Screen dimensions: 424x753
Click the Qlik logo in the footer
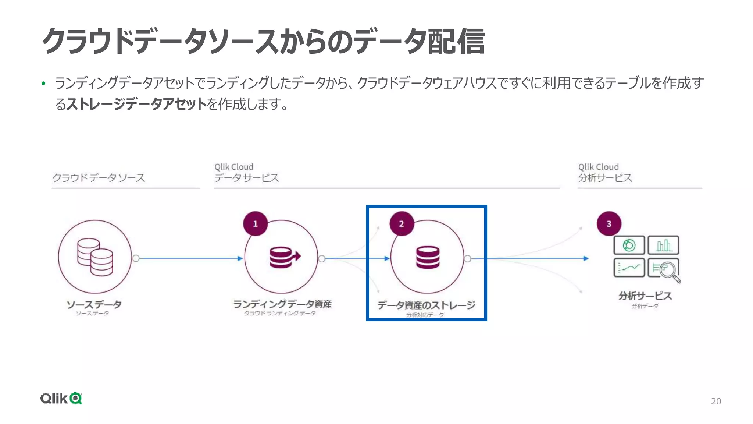point(61,398)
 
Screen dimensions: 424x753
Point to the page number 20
point(715,401)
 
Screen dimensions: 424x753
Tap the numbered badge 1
point(255,224)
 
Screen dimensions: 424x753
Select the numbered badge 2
point(402,224)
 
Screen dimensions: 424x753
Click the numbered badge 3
point(609,224)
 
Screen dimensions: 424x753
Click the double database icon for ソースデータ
point(95,257)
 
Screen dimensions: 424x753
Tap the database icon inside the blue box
point(428,257)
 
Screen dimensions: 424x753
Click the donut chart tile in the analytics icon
point(629,245)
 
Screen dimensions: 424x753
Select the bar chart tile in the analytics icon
point(663,245)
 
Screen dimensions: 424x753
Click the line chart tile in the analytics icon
point(629,268)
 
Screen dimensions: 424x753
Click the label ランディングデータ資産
point(282,304)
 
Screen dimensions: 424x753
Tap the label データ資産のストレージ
point(427,305)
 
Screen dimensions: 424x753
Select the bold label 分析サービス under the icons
point(645,296)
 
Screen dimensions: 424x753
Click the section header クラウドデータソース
point(99,178)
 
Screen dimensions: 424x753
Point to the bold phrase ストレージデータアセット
point(136,104)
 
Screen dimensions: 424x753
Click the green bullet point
point(43,84)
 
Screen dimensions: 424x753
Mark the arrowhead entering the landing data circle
point(240,258)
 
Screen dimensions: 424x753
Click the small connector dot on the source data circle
point(136,258)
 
